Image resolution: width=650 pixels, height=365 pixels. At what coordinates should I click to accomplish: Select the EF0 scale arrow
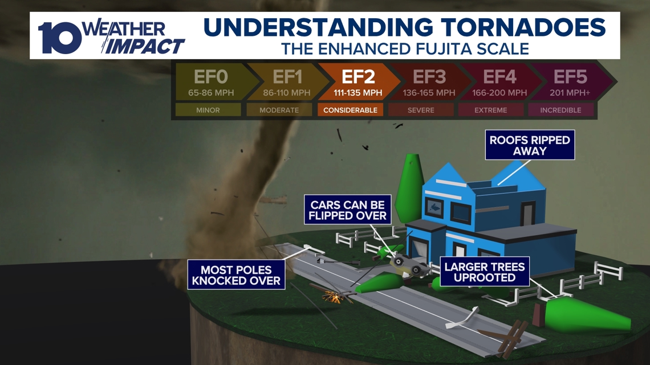pos(210,83)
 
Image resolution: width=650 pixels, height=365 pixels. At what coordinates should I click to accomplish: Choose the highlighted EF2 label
pos(358,77)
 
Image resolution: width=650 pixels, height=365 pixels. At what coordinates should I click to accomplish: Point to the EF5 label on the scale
pos(570,77)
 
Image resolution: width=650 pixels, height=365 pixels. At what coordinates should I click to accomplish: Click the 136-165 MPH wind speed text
pos(429,92)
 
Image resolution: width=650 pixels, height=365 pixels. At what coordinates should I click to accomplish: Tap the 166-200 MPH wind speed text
pos(499,92)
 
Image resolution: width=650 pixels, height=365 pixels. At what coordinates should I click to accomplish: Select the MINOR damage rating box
pos(208,110)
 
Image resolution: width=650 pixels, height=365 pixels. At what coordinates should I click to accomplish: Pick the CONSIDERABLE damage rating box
pos(350,110)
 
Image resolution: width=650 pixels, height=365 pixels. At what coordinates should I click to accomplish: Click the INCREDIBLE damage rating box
pos(560,110)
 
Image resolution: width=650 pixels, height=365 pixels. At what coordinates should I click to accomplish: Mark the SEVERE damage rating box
pos(421,110)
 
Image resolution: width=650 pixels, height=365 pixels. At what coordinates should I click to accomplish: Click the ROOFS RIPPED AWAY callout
pos(530,145)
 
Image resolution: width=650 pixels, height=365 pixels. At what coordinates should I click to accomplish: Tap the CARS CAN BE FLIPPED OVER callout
pos(348,210)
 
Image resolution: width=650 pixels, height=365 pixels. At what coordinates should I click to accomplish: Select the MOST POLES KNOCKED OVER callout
pos(236,275)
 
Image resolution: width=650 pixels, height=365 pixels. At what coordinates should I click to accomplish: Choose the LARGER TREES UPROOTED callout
pos(485,272)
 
